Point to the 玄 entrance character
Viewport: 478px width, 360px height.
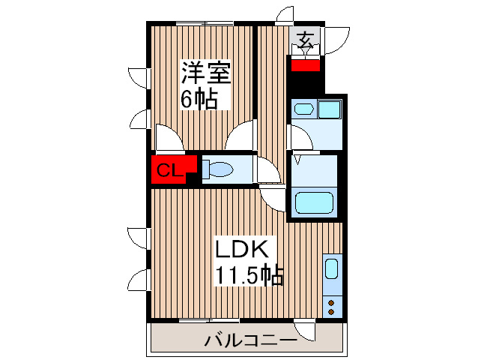(306, 40)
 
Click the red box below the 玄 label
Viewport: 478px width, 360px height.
(306, 64)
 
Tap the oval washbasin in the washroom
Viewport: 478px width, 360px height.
(303, 109)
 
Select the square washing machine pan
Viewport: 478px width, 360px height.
(329, 109)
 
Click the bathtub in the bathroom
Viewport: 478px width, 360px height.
(315, 203)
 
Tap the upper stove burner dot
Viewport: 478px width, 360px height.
(331, 302)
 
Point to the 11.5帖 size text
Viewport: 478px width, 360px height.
(249, 275)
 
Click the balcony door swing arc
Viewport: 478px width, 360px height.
(305, 331)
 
